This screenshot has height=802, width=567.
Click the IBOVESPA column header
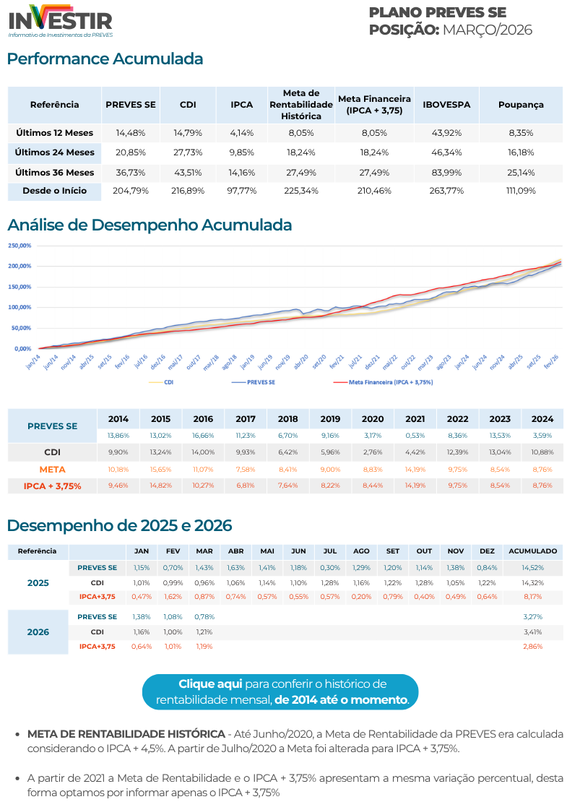pyautogui.click(x=446, y=105)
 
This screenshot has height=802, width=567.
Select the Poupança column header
pyautogui.click(x=520, y=105)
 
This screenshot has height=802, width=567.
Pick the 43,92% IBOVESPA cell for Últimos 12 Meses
pyautogui.click(x=446, y=133)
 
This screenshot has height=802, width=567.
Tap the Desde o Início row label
pyautogui.click(x=55, y=191)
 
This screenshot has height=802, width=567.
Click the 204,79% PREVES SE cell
pyautogui.click(x=130, y=191)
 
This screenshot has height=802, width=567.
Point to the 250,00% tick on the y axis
pyautogui.click(x=20, y=246)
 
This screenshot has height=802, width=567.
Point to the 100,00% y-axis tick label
pyautogui.click(x=20, y=307)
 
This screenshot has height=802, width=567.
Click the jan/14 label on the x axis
pyautogui.click(x=33, y=362)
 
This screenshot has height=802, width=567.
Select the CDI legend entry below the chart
pyautogui.click(x=168, y=381)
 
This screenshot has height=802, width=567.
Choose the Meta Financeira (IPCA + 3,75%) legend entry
pyautogui.click(x=390, y=381)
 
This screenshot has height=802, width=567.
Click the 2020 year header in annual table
pyautogui.click(x=373, y=419)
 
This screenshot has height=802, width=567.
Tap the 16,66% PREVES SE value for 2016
pyautogui.click(x=203, y=436)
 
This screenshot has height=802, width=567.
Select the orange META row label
pyautogui.click(x=52, y=469)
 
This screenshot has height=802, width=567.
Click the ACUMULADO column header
pyautogui.click(x=532, y=551)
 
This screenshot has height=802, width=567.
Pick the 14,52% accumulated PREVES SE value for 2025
pyautogui.click(x=532, y=568)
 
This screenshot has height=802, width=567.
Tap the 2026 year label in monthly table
pyautogui.click(x=38, y=632)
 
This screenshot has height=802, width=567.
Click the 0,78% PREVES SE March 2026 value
pyautogui.click(x=204, y=617)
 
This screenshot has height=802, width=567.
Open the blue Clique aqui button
pyautogui.click(x=282, y=691)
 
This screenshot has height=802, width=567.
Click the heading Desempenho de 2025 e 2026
pyautogui.click(x=119, y=525)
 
